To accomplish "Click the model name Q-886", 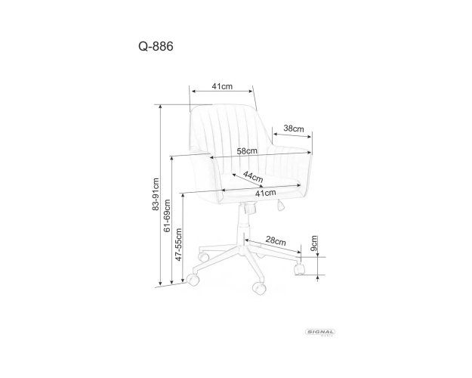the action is pos(156,46).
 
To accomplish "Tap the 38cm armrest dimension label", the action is pos(294,129).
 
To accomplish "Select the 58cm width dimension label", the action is pos(247,150).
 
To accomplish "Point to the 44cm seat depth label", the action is pos(253,177).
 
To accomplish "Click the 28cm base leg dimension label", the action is pos(276,240).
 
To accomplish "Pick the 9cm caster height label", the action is pos(313,243).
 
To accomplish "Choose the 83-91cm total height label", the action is pos(156,194).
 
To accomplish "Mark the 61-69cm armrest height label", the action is pos(167,215).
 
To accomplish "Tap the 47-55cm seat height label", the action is pos(178,244).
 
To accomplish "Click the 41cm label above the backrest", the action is pos(222,86).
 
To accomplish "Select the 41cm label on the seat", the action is pos(266,194).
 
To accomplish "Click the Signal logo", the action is pos(320,333).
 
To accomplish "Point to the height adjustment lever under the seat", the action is pos(280,205).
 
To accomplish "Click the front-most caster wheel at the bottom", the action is pos(259,288).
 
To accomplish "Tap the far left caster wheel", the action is pos(193,280).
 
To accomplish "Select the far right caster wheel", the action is pos(299,269).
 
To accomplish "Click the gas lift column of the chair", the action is pos(243,225).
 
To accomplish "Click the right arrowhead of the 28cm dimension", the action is pos(298,253).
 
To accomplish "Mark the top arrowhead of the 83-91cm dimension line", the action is pos(160,107).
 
